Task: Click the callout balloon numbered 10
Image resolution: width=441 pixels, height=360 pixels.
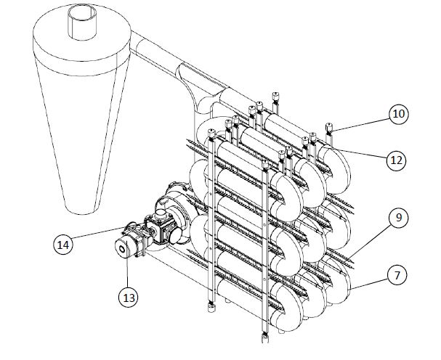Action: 399,114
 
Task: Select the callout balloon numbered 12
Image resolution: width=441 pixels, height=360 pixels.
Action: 396,160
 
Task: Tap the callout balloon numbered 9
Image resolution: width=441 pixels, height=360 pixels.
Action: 398,218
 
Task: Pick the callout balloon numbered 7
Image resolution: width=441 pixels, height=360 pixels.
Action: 397,275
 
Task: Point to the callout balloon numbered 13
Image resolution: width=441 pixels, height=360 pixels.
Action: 129,298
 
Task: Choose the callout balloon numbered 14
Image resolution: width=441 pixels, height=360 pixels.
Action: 63,245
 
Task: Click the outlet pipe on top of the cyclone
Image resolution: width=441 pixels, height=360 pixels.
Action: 82,22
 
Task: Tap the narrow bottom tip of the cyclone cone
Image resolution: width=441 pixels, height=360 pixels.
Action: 81,210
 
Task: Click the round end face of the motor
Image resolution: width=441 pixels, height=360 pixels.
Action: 122,248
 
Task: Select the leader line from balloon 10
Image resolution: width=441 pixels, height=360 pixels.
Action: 360,125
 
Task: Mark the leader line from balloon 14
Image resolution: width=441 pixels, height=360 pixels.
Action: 98,233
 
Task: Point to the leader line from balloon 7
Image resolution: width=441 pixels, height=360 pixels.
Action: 369,284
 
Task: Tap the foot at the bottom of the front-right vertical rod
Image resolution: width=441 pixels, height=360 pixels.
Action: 265,337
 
